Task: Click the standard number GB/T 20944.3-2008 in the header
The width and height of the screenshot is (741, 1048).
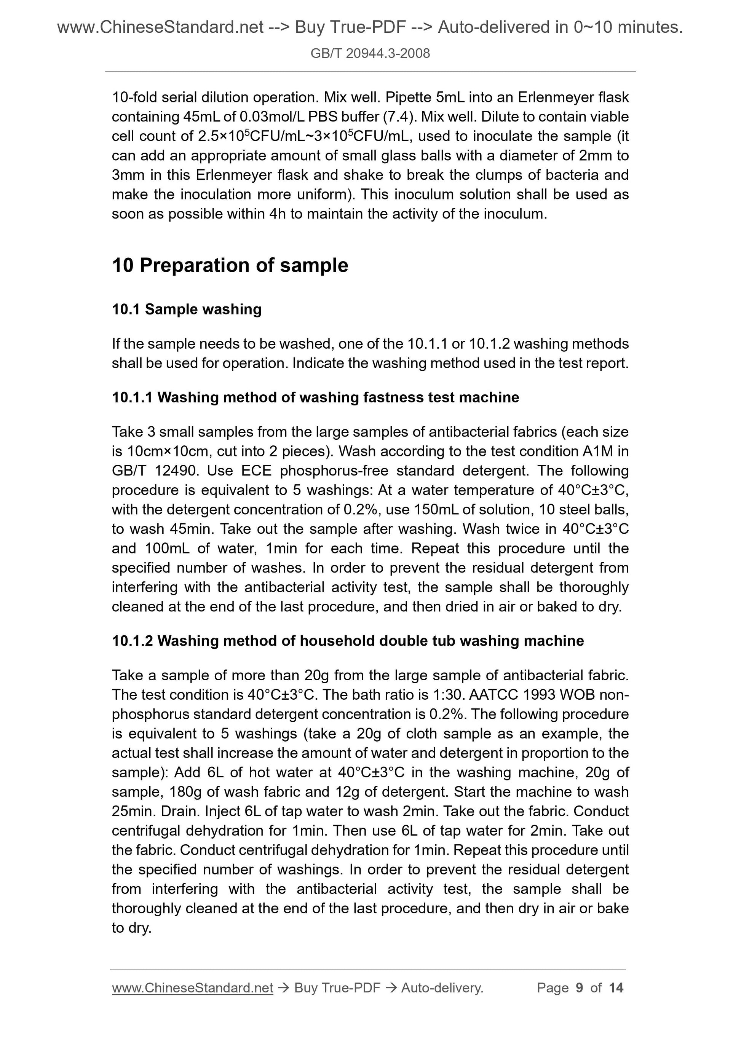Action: pyautogui.click(x=370, y=54)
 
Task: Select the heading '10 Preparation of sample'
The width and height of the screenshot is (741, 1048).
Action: pyautogui.click(x=230, y=265)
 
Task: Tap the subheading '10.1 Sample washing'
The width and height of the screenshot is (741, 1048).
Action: pyautogui.click(x=187, y=309)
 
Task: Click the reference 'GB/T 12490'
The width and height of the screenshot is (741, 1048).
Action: pyautogui.click(x=153, y=471)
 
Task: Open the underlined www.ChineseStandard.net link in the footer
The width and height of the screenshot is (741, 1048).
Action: pyautogui.click(x=192, y=988)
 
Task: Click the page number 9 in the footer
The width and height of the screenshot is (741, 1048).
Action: pyautogui.click(x=580, y=988)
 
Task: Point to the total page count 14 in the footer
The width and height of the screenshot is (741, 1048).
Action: pyautogui.click(x=616, y=988)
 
